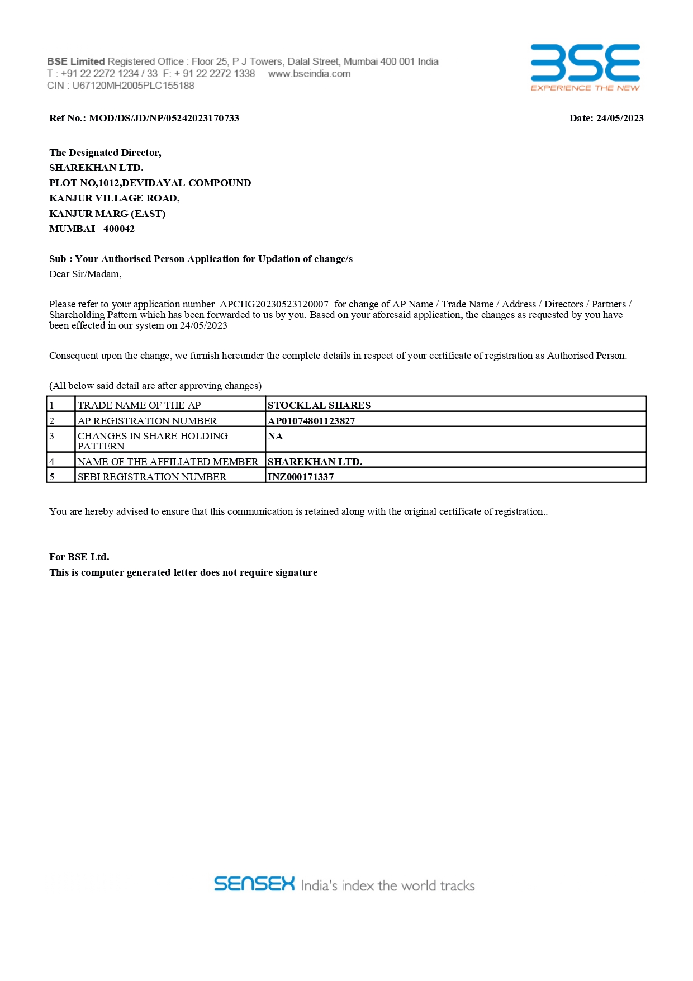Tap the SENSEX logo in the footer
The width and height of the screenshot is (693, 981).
tap(254, 884)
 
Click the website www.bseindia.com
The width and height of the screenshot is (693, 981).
tap(309, 74)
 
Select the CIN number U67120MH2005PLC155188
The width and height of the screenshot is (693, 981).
tap(133, 86)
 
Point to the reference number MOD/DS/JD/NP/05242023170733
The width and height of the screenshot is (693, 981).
tap(164, 118)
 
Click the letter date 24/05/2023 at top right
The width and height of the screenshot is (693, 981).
tap(620, 118)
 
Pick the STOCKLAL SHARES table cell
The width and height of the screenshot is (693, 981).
tap(319, 405)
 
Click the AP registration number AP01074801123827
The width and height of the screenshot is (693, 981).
tap(311, 421)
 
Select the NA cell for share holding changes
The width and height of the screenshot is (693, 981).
tap(276, 436)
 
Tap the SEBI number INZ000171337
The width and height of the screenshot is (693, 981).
tap(301, 477)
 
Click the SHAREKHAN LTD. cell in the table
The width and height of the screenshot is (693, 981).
tap(315, 462)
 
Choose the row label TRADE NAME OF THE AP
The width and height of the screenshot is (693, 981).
tap(139, 405)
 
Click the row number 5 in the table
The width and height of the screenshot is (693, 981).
tap(52, 477)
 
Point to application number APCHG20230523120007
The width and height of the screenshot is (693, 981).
tap(274, 304)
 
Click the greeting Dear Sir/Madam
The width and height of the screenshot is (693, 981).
tap(85, 274)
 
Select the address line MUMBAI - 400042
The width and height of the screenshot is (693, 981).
tap(92, 229)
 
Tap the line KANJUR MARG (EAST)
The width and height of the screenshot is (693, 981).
tap(107, 214)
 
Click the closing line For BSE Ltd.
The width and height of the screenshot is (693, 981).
tap(79, 557)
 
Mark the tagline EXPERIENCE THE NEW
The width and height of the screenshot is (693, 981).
tap(585, 88)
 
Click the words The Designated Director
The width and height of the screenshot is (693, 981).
tap(105, 153)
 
